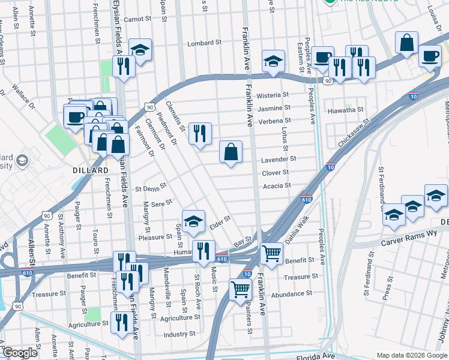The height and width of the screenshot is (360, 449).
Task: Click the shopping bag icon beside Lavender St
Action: click(x=231, y=152)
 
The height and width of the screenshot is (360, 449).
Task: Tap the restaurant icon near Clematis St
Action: click(x=200, y=133)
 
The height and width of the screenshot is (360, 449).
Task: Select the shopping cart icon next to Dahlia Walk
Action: click(x=272, y=253)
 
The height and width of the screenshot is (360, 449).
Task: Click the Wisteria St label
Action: click(x=273, y=95)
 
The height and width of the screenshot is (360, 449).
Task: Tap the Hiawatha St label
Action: click(x=345, y=110)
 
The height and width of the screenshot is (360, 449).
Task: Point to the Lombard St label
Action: click(x=205, y=43)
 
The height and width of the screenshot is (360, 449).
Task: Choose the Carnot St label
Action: click(x=137, y=19)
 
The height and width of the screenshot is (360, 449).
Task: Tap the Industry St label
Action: click(x=179, y=334)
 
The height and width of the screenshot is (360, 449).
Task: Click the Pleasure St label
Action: click(x=155, y=237)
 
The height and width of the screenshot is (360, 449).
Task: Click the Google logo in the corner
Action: click(x=20, y=353)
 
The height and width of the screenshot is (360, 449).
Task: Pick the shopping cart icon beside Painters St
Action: click(x=241, y=289)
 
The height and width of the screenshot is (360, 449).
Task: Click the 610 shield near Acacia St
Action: click(x=307, y=199)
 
